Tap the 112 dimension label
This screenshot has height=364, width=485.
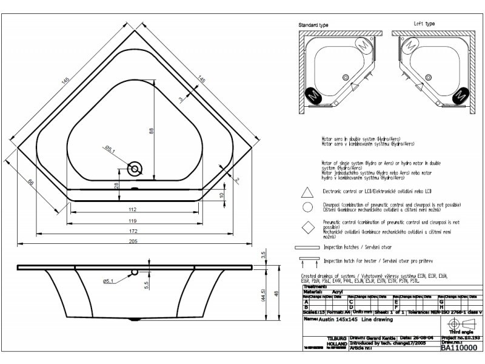pyautogui.click(x=132, y=209)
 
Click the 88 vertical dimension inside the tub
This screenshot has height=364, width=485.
pyautogui.click(x=152, y=130)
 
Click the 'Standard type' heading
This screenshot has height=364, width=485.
pyautogui.click(x=313, y=25)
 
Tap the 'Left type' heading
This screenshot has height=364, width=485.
pyautogui.click(x=424, y=24)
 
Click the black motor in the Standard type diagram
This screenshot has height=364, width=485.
pyautogui.click(x=313, y=95)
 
